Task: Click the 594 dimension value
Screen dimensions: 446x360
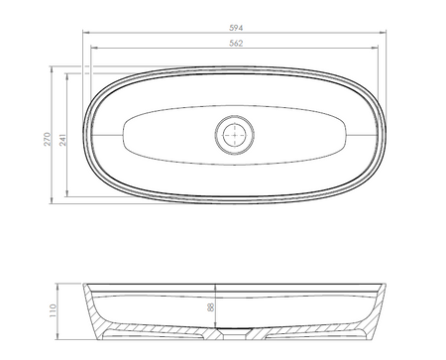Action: coord(236,28)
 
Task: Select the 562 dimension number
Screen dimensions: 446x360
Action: coord(236,44)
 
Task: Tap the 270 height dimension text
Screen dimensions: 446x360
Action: coord(48,139)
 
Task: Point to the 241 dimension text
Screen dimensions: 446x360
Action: coord(63,140)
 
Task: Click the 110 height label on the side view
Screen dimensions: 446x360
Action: coord(53,310)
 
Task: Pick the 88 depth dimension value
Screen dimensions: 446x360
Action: coord(210,307)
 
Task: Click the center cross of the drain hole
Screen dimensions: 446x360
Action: coord(235,135)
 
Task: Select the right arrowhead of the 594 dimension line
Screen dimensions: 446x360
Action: coord(383,33)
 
